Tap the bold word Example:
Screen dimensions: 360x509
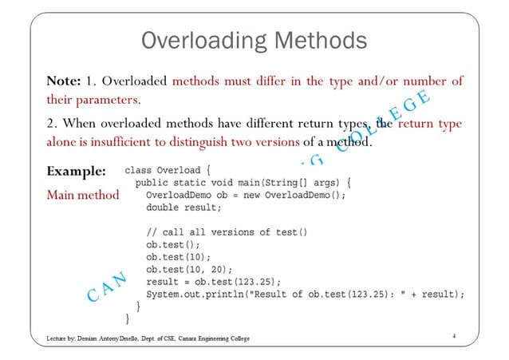point(77,171)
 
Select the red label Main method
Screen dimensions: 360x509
point(83,194)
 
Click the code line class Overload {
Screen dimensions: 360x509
point(167,170)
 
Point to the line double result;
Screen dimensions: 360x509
point(183,207)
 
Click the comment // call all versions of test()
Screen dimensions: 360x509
point(227,231)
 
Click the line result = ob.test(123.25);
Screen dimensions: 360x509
point(214,281)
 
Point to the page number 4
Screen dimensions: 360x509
point(453,336)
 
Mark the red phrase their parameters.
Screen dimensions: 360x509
point(93,101)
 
